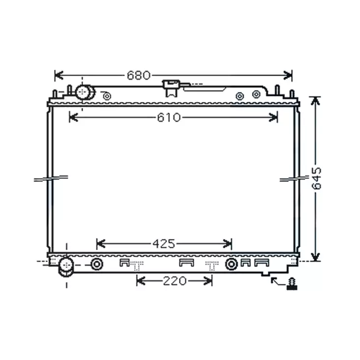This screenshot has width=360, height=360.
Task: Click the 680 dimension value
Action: [x=138, y=75]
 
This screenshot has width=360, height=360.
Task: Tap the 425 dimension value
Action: [x=163, y=243]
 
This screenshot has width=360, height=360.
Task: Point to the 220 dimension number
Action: [x=175, y=280]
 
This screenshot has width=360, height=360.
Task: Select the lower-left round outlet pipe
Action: [x=65, y=266]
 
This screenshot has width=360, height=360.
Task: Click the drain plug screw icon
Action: [x=293, y=284]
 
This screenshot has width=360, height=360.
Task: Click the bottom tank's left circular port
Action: [x=97, y=265]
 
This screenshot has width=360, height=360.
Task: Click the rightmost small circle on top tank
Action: [x=256, y=94]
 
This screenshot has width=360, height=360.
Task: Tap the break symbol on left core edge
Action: [x=50, y=178]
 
